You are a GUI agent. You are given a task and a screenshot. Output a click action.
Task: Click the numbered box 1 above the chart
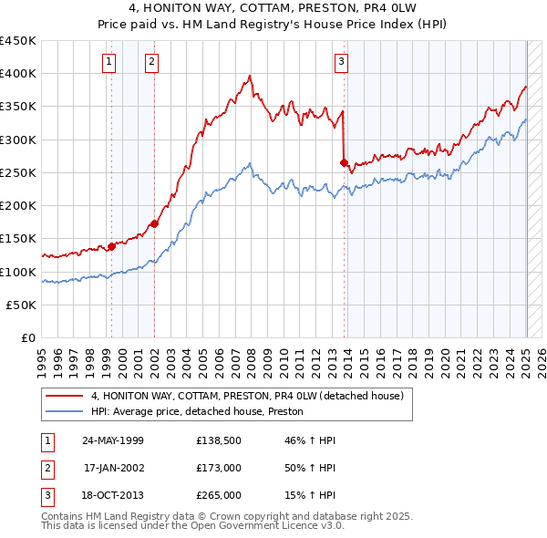coord(108,62)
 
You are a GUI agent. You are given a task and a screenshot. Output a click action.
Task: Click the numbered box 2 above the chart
coord(151,62)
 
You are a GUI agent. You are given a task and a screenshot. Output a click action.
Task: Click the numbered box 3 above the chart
coord(340,62)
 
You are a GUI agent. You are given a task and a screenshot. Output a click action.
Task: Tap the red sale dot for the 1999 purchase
coord(112,246)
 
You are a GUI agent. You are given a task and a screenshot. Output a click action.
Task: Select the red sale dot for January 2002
coord(155,223)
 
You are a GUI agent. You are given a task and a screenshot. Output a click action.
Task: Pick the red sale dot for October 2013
coord(345,162)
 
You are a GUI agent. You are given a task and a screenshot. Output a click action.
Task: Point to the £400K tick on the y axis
coord(18,74)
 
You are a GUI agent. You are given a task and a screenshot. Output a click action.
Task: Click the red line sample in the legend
coord(65,396)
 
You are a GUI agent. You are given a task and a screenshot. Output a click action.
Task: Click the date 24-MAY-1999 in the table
coord(113,440)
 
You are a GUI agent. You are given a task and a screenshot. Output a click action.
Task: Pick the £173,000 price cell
coord(219,468)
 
